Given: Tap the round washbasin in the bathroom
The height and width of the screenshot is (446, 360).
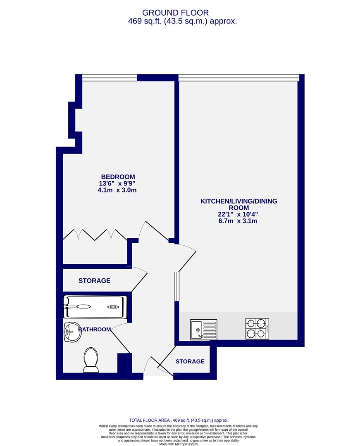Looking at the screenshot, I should (x=72, y=332).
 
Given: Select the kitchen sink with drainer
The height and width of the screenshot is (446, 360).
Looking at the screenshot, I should (x=203, y=330).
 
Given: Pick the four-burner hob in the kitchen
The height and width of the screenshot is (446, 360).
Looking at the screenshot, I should (x=257, y=329).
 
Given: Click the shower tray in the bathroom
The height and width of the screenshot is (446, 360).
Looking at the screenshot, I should (x=94, y=307).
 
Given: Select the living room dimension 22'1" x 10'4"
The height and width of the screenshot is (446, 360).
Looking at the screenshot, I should (x=238, y=214).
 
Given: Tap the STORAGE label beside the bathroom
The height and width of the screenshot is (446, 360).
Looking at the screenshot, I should (x=94, y=281).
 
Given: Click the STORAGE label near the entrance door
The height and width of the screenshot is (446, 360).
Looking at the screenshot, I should (x=190, y=361).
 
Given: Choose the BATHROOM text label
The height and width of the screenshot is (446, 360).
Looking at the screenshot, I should (x=95, y=330).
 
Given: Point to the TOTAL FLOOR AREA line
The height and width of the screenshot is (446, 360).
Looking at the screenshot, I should (x=179, y=420).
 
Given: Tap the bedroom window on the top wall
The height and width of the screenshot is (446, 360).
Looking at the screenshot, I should (x=110, y=77).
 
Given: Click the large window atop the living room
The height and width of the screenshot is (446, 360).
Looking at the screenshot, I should (x=238, y=77).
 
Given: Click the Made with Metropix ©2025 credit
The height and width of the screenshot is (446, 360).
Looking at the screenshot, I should (x=179, y=444).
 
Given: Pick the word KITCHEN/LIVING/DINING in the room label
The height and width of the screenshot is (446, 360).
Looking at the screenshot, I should (x=238, y=201).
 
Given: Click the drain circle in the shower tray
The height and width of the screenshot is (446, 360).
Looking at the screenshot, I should (x=113, y=307).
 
